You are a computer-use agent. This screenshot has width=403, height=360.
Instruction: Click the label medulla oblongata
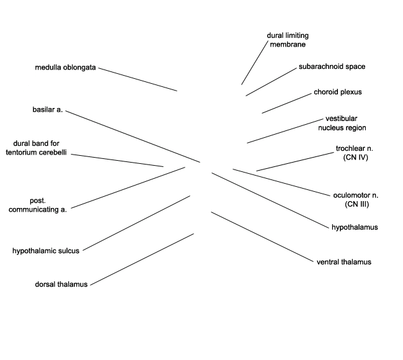click(65, 67)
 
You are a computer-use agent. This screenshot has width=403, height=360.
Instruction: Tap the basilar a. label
click(47, 110)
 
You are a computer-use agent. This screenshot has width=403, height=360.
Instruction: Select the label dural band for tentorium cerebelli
click(36, 148)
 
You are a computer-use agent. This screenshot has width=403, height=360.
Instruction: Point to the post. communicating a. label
click(38, 205)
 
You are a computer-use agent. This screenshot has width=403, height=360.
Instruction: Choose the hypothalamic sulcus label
click(46, 251)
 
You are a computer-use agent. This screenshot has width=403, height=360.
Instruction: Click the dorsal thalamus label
click(61, 284)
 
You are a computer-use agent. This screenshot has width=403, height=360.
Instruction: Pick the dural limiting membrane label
click(288, 40)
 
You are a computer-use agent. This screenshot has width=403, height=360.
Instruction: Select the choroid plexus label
click(337, 92)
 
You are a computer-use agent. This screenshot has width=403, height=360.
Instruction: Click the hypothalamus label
click(355, 227)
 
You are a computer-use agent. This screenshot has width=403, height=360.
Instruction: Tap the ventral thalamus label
click(343, 262)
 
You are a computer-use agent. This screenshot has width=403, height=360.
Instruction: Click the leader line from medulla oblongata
click(138, 79)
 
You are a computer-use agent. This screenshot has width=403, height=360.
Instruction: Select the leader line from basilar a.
click(133, 137)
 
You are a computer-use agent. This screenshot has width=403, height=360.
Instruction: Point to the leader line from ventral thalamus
click(263, 237)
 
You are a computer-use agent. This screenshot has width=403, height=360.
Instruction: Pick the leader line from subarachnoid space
click(271, 81)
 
